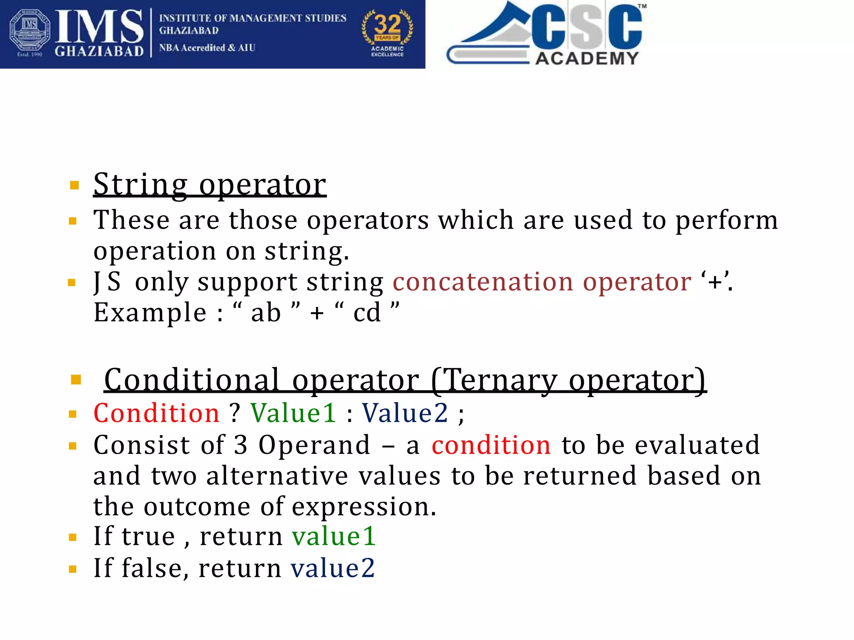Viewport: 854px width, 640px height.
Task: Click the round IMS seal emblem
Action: (30, 32)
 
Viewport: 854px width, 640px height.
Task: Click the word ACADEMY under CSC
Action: (587, 58)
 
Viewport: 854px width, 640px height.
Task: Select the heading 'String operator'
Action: (210, 184)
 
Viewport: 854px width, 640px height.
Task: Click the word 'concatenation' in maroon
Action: (483, 282)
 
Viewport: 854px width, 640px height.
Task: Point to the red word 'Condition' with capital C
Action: (156, 413)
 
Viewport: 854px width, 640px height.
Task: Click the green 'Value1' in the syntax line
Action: (293, 413)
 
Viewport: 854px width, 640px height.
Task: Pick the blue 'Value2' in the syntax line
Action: (405, 413)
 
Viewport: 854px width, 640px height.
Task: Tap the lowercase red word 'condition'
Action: (491, 445)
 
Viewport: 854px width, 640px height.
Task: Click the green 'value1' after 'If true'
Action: (334, 536)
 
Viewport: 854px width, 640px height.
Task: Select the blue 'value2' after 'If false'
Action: (333, 568)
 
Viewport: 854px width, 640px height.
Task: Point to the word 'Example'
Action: (150, 313)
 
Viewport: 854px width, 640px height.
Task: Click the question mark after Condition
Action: (235, 413)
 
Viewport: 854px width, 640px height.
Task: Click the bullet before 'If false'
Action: (73, 569)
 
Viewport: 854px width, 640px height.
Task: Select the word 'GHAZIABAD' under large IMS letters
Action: (99, 51)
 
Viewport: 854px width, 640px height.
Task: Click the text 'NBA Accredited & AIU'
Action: (207, 48)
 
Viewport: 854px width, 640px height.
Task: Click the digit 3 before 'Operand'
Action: (241, 445)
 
